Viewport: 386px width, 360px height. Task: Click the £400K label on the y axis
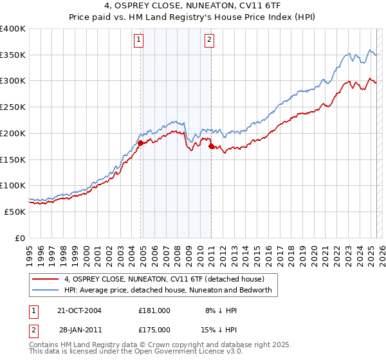click(13, 29)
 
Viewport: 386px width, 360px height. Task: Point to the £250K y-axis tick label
click(13, 107)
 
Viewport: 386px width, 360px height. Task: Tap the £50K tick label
click(15, 212)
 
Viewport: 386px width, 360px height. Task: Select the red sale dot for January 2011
click(211, 147)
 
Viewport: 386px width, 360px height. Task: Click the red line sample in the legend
click(46, 279)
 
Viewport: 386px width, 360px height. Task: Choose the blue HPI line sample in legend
click(46, 291)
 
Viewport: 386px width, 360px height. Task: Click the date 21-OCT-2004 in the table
click(80, 310)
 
